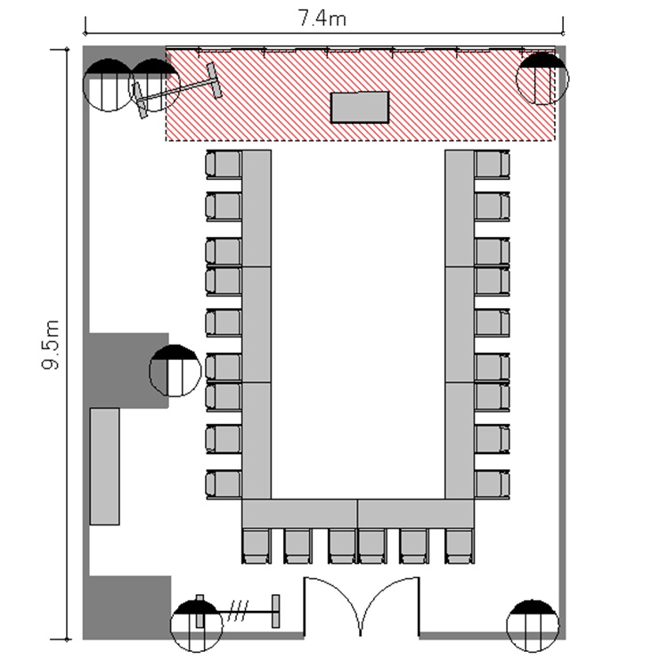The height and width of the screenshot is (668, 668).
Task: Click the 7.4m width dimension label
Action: coord(322,18)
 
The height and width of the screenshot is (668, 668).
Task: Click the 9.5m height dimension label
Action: coord(51,344)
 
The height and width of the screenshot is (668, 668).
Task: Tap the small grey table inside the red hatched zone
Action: coord(360,108)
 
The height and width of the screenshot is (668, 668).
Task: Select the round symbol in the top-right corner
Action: coord(542,78)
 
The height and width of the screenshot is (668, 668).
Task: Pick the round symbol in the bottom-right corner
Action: coord(533,625)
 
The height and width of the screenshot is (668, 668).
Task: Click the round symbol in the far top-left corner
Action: coord(108,85)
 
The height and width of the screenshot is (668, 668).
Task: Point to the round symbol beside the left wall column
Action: coord(175,371)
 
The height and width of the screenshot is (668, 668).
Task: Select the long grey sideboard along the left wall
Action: coord(104,467)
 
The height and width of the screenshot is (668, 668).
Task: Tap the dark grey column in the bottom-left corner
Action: coord(127,607)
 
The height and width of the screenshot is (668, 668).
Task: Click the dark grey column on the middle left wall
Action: coord(128,371)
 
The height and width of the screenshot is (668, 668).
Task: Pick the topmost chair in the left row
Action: coord(224,164)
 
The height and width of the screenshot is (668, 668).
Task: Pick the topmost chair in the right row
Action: coord(492,164)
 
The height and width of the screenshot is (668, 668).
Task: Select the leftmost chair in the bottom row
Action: coord(256,546)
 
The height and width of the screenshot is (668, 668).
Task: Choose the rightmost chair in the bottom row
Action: coord(460,546)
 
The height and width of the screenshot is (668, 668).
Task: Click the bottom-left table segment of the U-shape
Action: coord(300,513)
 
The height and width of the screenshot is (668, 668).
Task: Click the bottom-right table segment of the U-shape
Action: coord(416,513)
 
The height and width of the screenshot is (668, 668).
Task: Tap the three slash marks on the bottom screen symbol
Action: coord(238,611)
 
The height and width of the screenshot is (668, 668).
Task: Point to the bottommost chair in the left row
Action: coord(224,485)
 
